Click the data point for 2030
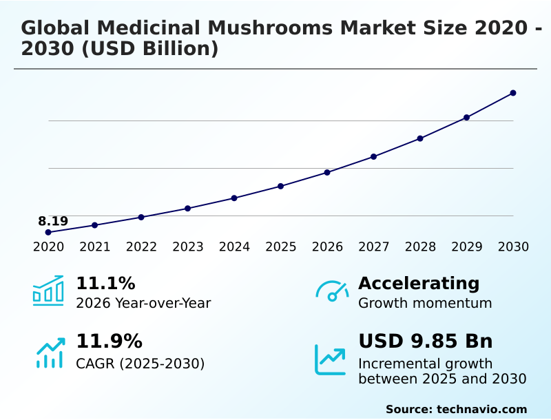pos(513,93)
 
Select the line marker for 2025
pos(281,186)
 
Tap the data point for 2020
pos(48,232)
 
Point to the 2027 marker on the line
pos(374,156)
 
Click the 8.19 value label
pos(53,221)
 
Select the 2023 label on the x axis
pos(187,247)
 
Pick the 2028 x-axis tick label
pos(420,247)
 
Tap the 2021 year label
pos(94,247)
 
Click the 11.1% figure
pos(105,284)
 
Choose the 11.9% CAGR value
pos(109,342)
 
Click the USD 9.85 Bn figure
pos(426,342)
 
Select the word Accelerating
pos(419,284)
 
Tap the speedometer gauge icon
pos(332,291)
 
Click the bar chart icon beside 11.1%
pos(48,291)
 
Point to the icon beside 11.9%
pos(50,353)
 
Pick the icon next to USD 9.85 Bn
pos(331,359)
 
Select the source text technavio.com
pos(481,409)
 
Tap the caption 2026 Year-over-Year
pos(143,303)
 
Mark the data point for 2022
pos(141,217)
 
